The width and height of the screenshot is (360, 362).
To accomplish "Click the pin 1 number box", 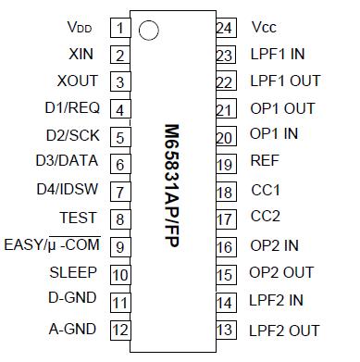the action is pos(119,27).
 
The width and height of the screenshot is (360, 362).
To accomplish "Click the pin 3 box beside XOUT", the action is pos(119,81).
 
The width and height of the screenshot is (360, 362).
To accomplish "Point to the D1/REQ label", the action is pos(74,109).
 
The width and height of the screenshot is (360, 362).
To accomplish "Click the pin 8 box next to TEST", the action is pos(119,219).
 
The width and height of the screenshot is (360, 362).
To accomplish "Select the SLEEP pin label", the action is pos(78,273).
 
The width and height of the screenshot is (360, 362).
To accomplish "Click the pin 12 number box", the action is pos(119,329).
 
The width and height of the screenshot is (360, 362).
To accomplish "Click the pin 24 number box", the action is pos(223,27).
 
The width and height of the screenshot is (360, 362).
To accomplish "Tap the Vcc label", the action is pos(265,27).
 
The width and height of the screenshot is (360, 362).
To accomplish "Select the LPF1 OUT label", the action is pos(285,81).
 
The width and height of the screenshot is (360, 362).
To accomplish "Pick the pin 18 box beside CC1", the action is pos(223,192).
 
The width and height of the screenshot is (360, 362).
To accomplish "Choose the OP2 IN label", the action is pos(274,246).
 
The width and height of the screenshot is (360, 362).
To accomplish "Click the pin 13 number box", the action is pos(223,329).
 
